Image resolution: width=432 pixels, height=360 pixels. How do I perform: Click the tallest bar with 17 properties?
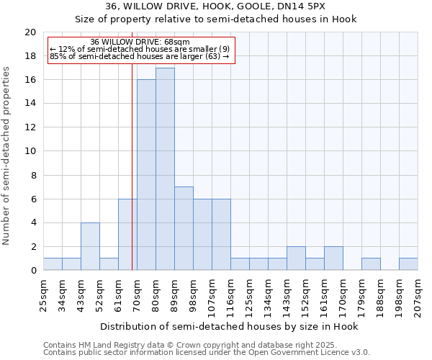165,169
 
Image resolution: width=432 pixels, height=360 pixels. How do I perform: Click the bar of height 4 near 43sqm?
90,246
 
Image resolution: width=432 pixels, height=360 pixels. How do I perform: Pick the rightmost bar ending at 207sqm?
408,264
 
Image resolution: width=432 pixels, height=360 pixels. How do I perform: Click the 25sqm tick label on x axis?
43,293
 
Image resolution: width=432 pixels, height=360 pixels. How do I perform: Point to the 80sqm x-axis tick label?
156,293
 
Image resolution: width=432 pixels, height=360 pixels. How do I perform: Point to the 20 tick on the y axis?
30,32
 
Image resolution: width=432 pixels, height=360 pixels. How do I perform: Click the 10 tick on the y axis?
30,151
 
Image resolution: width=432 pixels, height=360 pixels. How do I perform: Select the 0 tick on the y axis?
33,271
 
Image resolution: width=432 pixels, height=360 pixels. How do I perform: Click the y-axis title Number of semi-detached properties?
7,156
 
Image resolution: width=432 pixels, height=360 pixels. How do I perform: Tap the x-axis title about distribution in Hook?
230,326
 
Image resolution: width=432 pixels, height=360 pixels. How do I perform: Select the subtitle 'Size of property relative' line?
215,19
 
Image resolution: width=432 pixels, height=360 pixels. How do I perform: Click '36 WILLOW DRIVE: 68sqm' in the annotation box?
140,42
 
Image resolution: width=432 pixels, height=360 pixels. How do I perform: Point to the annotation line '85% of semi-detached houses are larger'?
139,56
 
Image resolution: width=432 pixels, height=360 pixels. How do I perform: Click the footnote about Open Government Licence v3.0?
207,353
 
